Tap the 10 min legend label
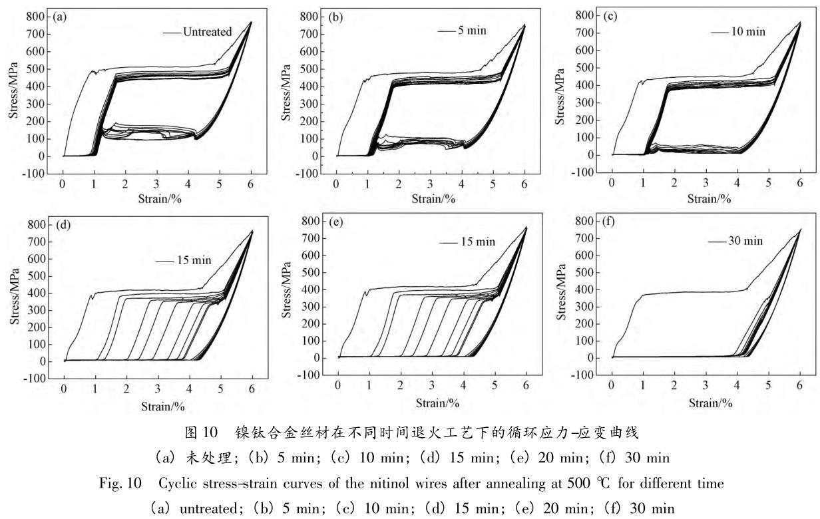click(x=749, y=31)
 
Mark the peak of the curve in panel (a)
click(x=251, y=22)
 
